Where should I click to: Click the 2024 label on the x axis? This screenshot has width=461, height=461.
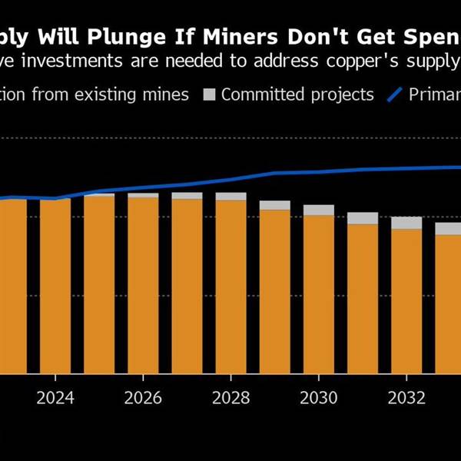pos(55,398)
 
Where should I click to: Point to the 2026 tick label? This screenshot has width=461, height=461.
pos(143,398)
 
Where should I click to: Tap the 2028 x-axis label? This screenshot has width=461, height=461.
pos(230,398)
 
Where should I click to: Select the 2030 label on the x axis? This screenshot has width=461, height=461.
pos(319,398)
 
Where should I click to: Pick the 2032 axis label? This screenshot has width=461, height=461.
pos(406,398)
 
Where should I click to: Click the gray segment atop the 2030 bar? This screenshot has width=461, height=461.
pos(319,210)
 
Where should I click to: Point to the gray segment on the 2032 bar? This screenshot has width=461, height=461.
pos(406,223)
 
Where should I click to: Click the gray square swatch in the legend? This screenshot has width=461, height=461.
pos(209,95)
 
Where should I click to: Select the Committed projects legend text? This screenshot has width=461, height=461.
pos(297,95)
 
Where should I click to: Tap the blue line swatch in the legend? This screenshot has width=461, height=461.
pos(395,95)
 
